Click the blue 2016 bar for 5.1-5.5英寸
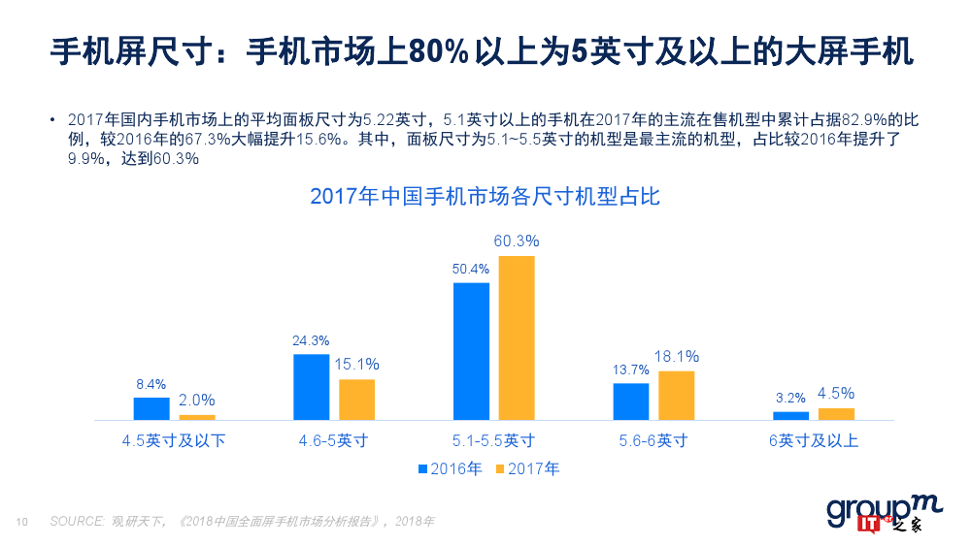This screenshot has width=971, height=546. (471, 351)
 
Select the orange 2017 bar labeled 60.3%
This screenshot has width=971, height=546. (517, 337)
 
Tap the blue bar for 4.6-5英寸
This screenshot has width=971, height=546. (311, 387)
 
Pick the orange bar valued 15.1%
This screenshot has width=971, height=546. (356, 400)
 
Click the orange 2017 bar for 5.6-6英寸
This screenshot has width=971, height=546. (676, 396)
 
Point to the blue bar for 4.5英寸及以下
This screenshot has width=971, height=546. (151, 408)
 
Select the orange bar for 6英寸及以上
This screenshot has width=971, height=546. (836, 414)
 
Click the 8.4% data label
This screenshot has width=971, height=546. (151, 384)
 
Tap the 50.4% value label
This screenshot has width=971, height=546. (471, 269)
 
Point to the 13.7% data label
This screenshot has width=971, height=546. (630, 369)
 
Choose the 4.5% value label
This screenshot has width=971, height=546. (836, 394)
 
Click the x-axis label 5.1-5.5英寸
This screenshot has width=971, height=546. (494, 441)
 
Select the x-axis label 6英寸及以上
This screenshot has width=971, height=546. (814, 441)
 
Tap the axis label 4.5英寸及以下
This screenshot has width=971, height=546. (174, 441)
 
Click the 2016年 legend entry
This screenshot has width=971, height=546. (451, 469)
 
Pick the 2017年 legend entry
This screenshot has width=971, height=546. (528, 469)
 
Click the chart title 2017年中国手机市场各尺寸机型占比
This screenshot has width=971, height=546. (485, 196)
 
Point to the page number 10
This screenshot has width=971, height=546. (22, 522)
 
